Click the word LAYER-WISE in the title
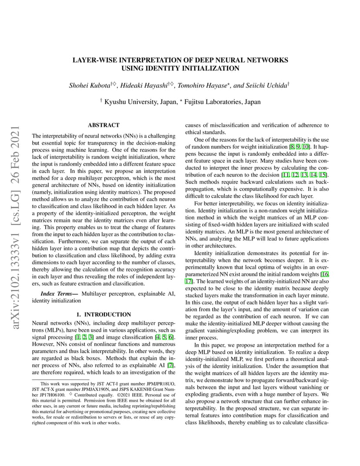pyautogui.click(x=93, y=60)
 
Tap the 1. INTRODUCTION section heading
pyautogui.click(x=103, y=314)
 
